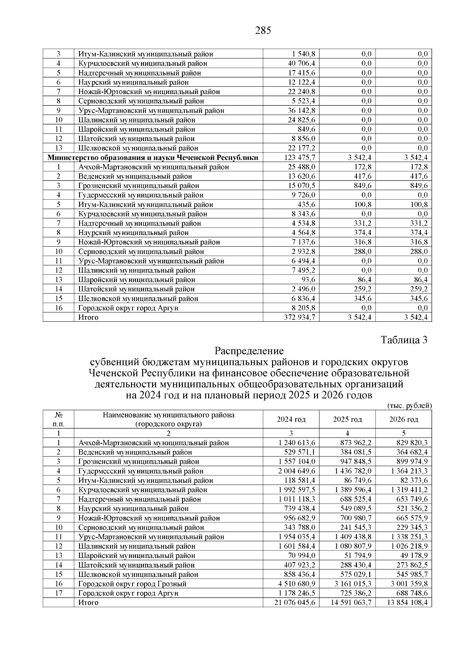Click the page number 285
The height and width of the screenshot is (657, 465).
point(263,31)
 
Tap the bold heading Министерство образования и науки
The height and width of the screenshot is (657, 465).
point(153,158)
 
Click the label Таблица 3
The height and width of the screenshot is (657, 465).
point(404,340)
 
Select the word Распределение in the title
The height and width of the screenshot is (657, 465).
point(249,351)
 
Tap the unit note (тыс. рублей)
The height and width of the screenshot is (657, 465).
point(409,406)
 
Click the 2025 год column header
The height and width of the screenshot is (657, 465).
point(347,420)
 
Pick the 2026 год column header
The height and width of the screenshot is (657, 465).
point(403,420)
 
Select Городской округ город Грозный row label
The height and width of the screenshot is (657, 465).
point(133,584)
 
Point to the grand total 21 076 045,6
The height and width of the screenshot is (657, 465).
point(294,603)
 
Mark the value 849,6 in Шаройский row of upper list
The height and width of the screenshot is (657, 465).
point(306,129)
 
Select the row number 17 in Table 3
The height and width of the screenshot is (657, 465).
point(59,593)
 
